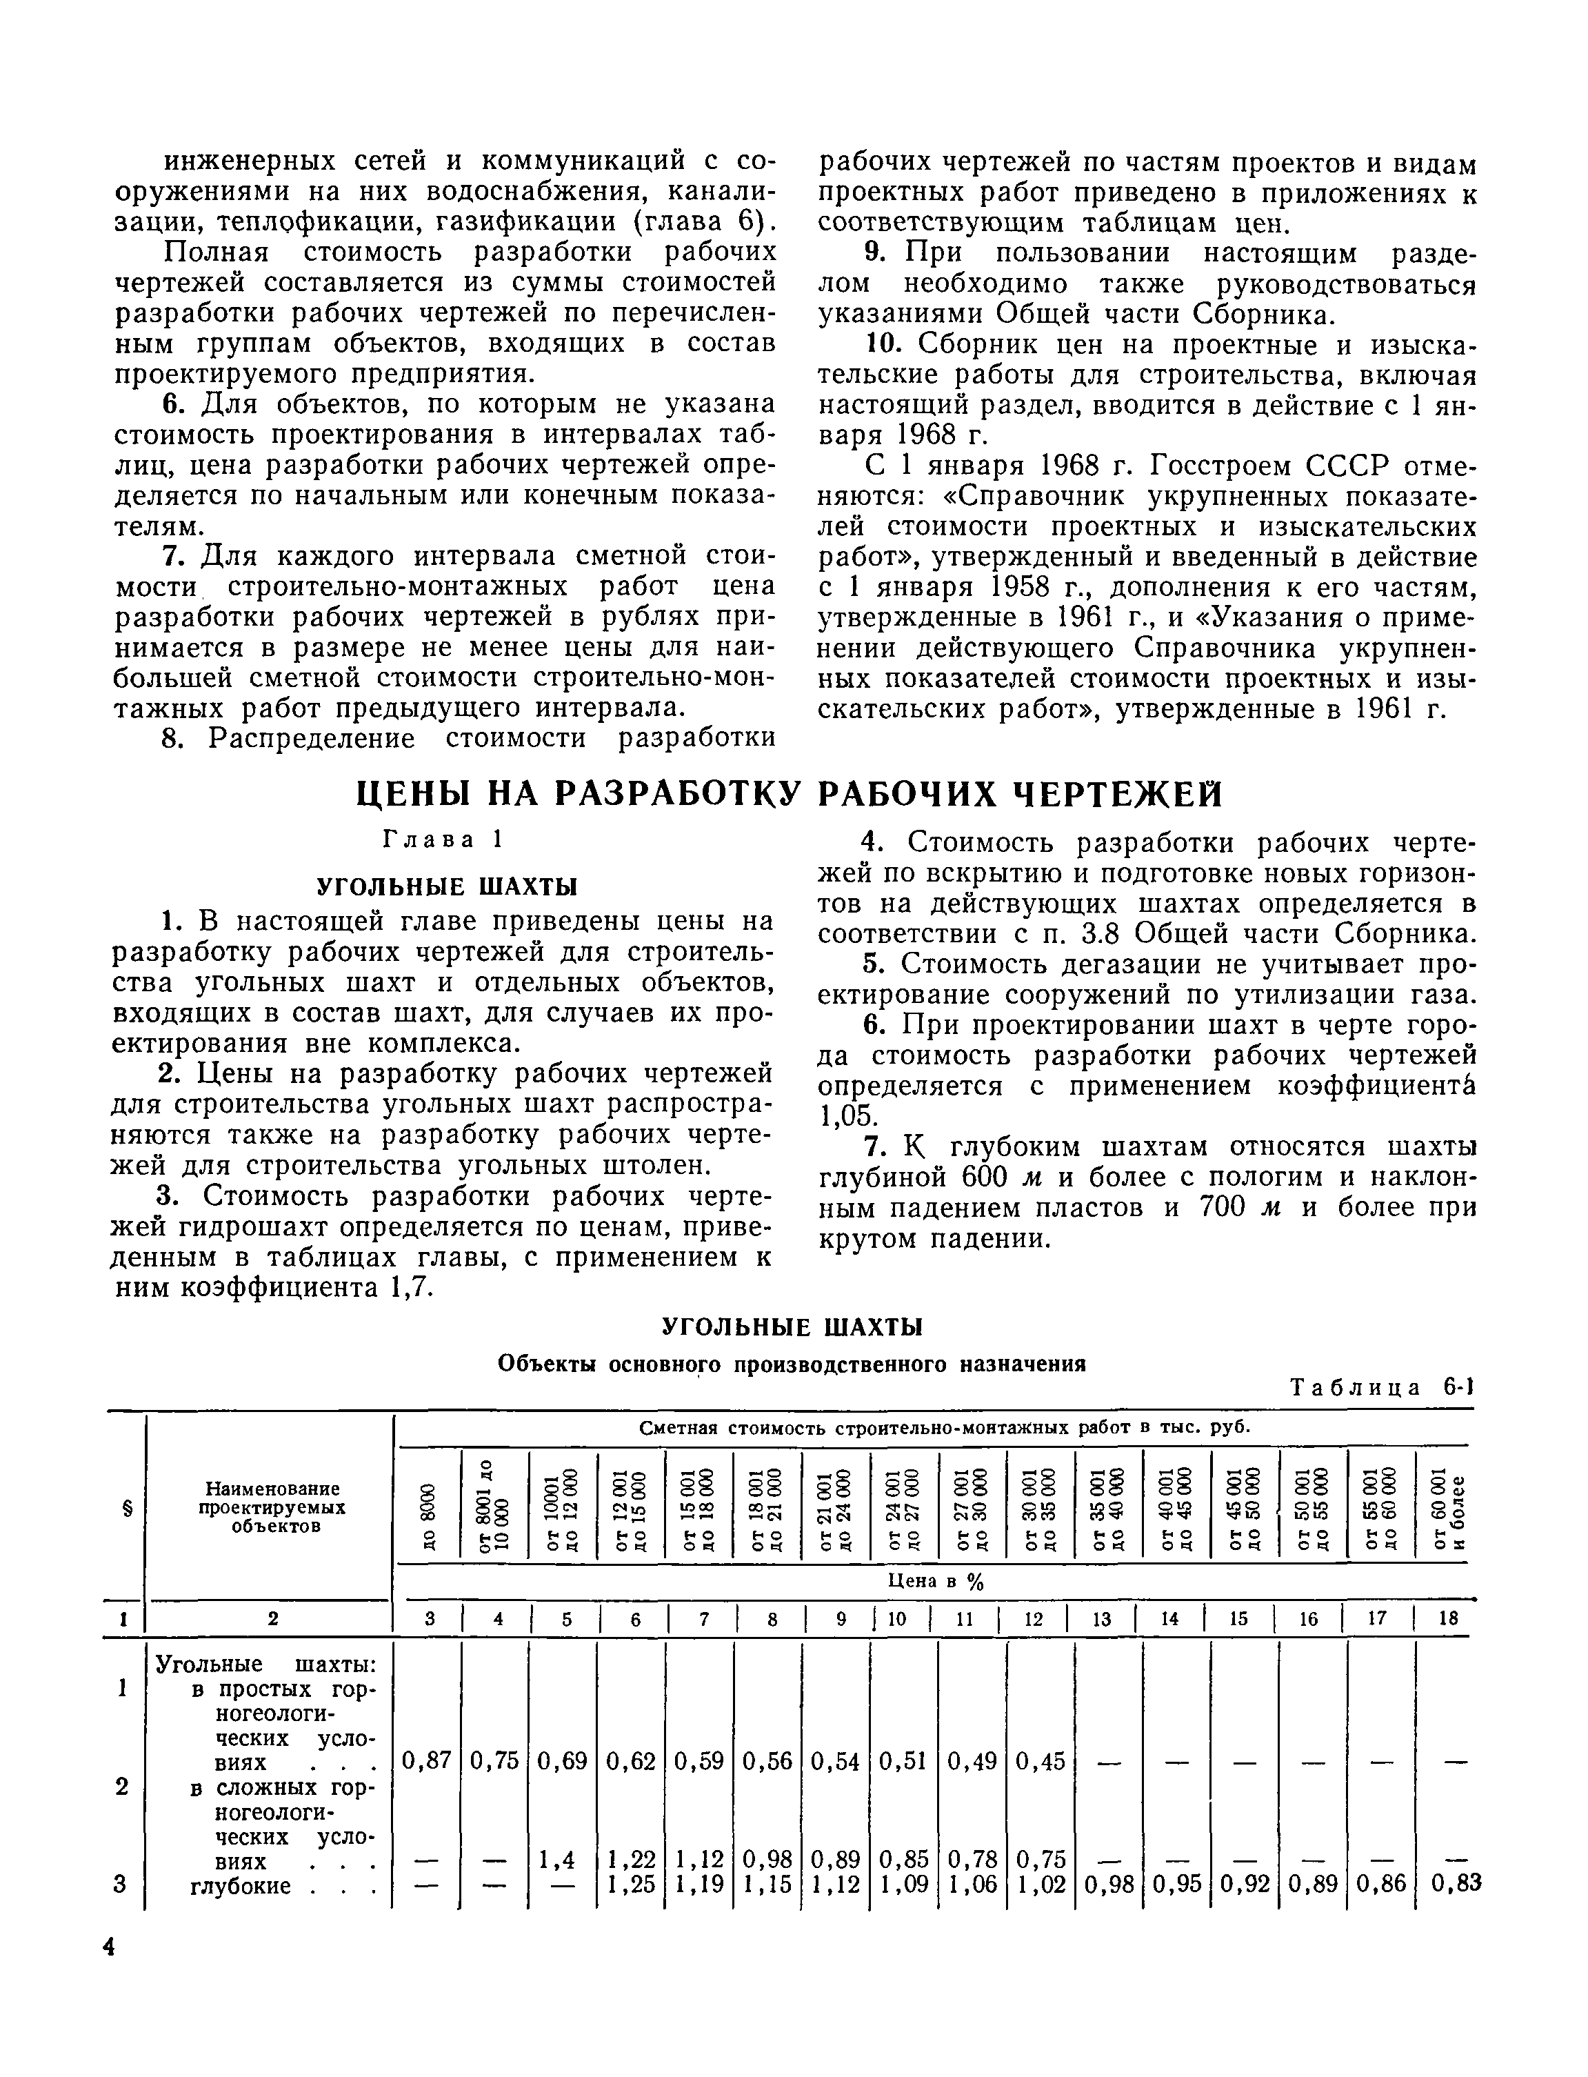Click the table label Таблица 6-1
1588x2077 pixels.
[1381, 1388]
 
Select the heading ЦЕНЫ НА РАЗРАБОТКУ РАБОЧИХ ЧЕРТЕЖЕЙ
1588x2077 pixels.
[790, 794]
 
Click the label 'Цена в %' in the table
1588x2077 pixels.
[935, 1582]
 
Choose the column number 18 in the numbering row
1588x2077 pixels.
[1448, 1618]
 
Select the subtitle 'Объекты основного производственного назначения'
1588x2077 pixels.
[791, 1364]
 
